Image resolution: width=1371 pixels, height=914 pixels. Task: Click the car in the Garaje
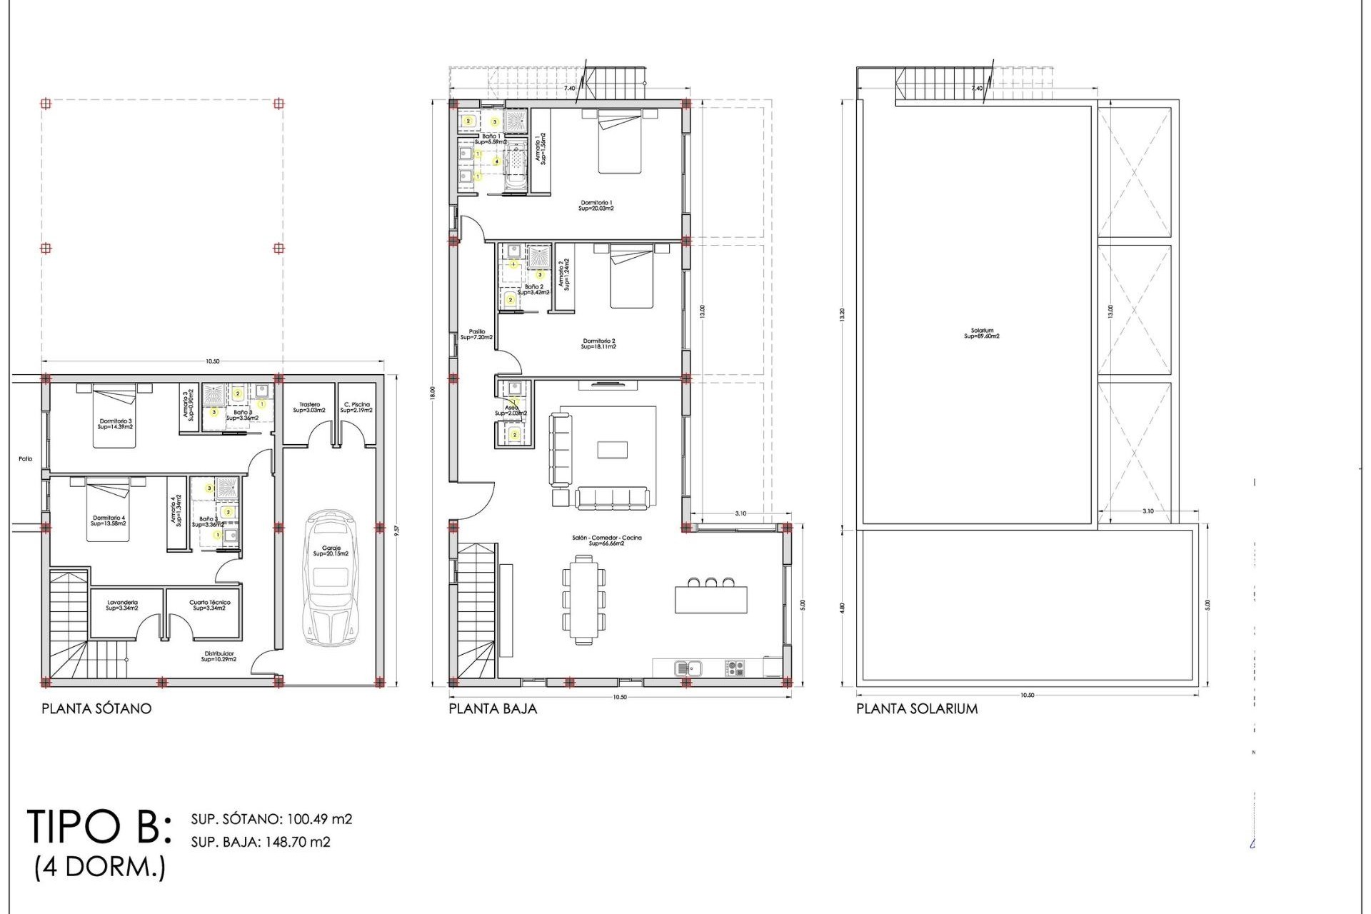point(330,578)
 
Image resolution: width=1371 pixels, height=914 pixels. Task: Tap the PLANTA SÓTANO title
point(96,708)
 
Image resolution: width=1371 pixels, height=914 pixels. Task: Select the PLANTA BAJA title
point(493,708)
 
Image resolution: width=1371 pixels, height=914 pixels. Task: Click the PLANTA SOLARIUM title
point(917,708)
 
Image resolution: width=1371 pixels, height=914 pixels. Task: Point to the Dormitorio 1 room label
point(596,206)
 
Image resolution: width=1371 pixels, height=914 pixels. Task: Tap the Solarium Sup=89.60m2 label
point(982,333)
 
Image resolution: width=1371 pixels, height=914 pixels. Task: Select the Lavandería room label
point(122,605)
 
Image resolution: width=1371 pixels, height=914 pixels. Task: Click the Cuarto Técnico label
point(209,605)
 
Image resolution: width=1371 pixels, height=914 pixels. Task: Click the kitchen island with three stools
point(711,598)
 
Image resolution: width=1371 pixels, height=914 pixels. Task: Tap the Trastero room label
point(309,407)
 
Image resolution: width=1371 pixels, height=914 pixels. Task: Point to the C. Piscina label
point(356,407)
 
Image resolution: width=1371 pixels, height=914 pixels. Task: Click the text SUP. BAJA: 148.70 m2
point(261,842)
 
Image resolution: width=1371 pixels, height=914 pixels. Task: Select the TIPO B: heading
point(100,827)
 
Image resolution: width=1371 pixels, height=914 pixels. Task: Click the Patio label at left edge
point(25,459)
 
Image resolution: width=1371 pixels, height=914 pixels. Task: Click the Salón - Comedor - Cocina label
point(606,541)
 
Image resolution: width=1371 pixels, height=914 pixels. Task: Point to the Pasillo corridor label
point(476,334)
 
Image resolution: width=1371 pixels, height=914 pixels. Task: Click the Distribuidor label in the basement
point(219,656)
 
